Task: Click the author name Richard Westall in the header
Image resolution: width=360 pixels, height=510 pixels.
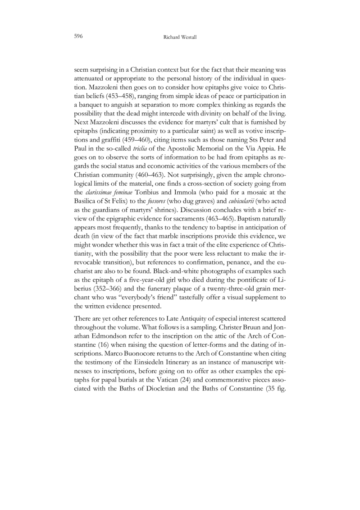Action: pos(180,36)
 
